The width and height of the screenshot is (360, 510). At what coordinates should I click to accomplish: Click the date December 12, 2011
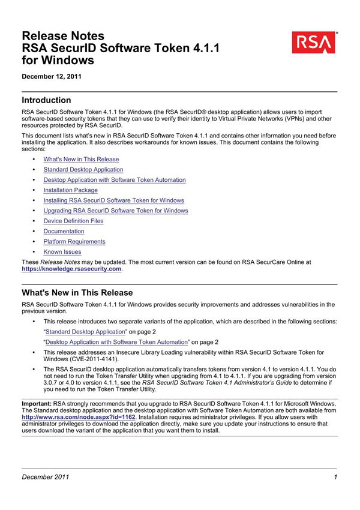click(x=52, y=77)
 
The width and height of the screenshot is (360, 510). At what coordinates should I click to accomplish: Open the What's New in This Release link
click(x=81, y=160)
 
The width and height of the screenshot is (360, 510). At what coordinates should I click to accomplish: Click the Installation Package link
click(x=70, y=190)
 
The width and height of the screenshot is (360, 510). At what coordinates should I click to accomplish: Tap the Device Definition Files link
click(x=73, y=221)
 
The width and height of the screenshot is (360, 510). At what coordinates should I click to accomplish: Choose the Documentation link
click(x=64, y=231)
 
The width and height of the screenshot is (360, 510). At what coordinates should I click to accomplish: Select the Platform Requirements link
click(x=74, y=242)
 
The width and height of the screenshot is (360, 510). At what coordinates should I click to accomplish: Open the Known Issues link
click(x=62, y=252)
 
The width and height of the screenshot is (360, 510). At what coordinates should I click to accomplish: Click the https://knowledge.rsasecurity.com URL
click(x=72, y=269)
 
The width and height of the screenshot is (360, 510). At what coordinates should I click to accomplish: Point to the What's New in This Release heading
click(x=77, y=293)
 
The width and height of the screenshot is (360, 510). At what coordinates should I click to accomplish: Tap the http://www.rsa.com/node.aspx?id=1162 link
click(x=79, y=416)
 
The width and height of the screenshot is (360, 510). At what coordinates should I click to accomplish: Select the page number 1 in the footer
click(x=336, y=477)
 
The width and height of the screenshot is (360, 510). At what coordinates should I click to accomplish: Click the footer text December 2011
click(x=46, y=477)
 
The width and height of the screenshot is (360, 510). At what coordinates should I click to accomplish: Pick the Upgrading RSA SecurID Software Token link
click(x=116, y=211)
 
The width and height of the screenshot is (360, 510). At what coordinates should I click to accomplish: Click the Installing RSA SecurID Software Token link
click(x=114, y=200)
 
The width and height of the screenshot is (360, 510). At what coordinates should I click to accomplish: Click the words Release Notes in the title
click(x=63, y=36)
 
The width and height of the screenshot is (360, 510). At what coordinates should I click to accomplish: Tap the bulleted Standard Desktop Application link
click(x=83, y=170)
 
